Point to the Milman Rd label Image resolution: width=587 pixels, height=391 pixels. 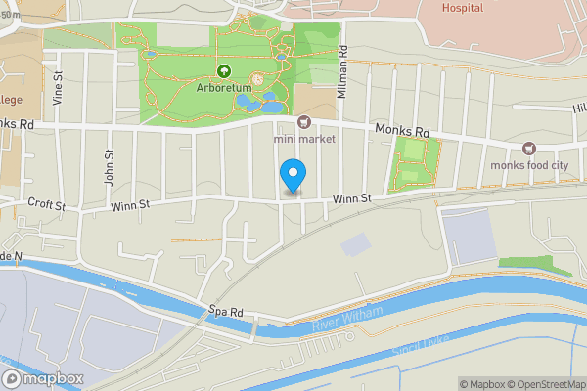click(x=343, y=67)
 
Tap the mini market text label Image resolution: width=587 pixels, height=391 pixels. click(x=304, y=139)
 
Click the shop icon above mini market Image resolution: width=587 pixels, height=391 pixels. click(x=304, y=122)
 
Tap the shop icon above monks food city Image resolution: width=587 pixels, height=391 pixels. click(x=529, y=149)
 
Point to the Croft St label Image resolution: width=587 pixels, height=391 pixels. click(x=46, y=205)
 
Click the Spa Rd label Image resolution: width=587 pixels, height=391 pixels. click(x=223, y=312)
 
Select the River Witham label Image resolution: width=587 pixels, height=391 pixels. click(x=343, y=324)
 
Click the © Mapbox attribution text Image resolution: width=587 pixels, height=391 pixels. click(x=484, y=384)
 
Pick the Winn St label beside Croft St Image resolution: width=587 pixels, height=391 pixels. click(x=129, y=204)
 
